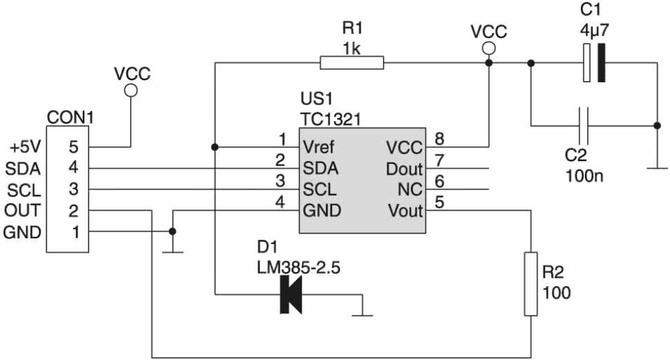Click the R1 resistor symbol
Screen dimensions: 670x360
(352, 63)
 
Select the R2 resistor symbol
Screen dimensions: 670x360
(530, 284)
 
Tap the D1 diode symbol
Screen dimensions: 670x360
(291, 294)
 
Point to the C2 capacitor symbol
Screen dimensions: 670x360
(584, 126)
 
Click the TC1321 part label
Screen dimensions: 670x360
(330, 120)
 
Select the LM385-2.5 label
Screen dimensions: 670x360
(298, 268)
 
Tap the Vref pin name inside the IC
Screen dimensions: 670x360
(318, 147)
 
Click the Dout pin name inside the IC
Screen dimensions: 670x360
(404, 169)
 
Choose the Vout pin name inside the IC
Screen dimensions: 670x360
(405, 211)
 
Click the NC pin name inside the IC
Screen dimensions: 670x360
(410, 189)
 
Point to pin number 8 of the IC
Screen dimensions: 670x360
(439, 139)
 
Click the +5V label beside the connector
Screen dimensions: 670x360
(25, 147)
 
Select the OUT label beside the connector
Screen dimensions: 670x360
(22, 210)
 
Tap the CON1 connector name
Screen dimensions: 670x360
(70, 117)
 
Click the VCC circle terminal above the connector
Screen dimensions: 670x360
(131, 91)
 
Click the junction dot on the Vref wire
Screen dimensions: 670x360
(215, 147)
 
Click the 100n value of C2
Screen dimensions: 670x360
(584, 176)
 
